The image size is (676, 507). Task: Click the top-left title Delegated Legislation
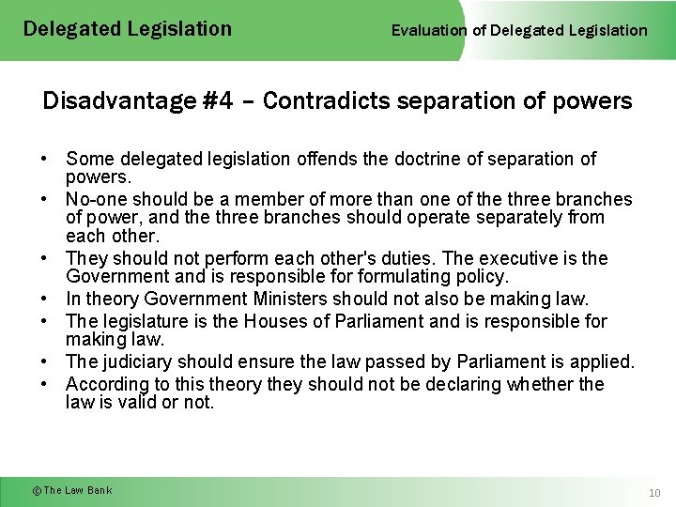pyautogui.click(x=127, y=29)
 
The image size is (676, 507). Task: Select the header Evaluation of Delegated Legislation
pyautogui.click(x=519, y=30)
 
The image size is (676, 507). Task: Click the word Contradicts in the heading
pyautogui.click(x=317, y=101)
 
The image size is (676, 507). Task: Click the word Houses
pyautogui.click(x=278, y=321)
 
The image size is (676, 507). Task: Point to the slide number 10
pyautogui.click(x=654, y=493)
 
